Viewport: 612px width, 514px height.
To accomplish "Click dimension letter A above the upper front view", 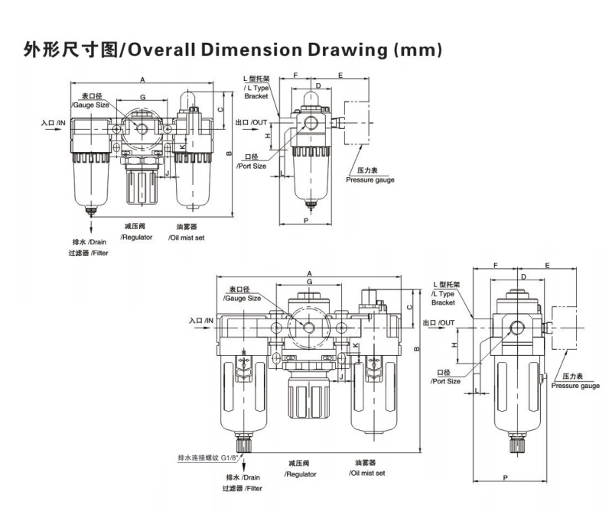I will (143, 79).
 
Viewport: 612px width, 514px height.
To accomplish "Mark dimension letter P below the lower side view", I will (507, 477).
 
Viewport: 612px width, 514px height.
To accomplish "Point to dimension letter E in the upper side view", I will (340, 76).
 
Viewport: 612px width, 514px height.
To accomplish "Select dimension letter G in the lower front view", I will (308, 282).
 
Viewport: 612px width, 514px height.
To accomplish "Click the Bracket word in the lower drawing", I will (443, 302).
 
